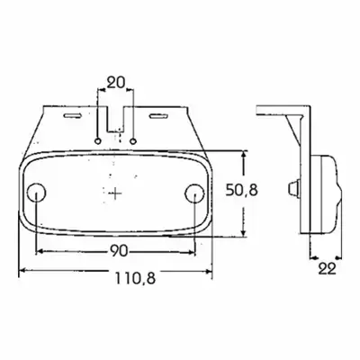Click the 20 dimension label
click(115, 83)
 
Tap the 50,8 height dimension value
click(242, 190)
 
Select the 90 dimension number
click(119, 251)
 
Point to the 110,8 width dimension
click(135, 278)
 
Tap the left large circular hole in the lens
click(36, 192)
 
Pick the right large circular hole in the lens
click(194, 192)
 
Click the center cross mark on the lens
click(115, 193)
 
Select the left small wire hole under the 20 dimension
click(97, 140)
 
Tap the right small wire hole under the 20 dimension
click(133, 140)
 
